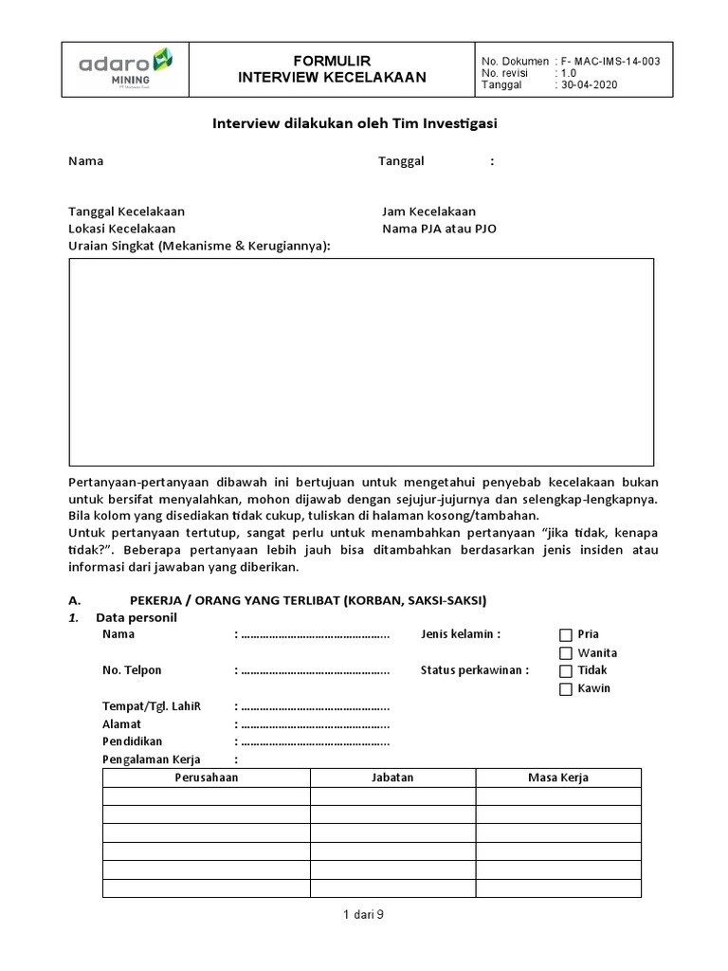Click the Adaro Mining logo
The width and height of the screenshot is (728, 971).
pyautogui.click(x=125, y=69)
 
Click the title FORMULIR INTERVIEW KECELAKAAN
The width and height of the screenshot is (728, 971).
pyautogui.click(x=331, y=69)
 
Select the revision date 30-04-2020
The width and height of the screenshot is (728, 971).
pyautogui.click(x=591, y=84)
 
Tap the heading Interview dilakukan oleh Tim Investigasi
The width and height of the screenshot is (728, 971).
pyautogui.click(x=354, y=123)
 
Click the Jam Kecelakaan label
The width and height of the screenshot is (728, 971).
pyautogui.click(x=428, y=211)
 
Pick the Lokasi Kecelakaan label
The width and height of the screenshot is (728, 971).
pyautogui.click(x=121, y=229)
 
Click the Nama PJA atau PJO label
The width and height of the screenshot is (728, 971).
pyautogui.click(x=439, y=229)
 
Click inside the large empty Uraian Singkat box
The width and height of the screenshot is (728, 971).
pyautogui.click(x=361, y=361)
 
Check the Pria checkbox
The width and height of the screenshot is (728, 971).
pyautogui.click(x=566, y=635)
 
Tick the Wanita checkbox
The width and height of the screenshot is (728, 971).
pyautogui.click(x=566, y=653)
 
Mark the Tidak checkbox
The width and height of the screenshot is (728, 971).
pyautogui.click(x=566, y=670)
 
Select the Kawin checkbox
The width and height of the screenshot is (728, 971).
pyautogui.click(x=566, y=688)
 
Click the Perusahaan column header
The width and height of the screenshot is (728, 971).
pyautogui.click(x=207, y=778)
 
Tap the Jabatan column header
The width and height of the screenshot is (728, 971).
pyautogui.click(x=392, y=778)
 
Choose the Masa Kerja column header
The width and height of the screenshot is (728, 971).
pyautogui.click(x=558, y=778)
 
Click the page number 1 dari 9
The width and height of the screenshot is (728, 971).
pyautogui.click(x=363, y=915)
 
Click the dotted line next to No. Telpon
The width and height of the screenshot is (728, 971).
pyautogui.click(x=315, y=670)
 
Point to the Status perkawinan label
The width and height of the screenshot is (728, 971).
pyautogui.click(x=474, y=670)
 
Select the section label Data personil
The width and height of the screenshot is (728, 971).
pyautogui.click(x=136, y=617)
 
